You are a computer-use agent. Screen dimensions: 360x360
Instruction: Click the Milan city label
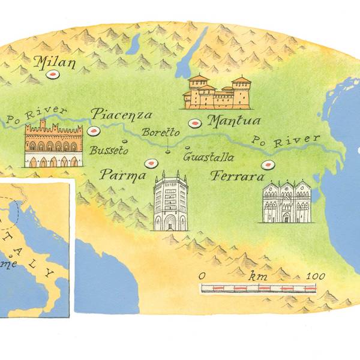click(55, 61)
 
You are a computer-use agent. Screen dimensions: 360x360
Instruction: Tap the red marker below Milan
click(53, 75)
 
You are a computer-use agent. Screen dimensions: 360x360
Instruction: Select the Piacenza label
click(121, 115)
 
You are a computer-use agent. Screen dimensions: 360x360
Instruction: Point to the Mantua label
click(233, 121)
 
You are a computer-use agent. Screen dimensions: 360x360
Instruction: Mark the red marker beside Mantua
click(194, 124)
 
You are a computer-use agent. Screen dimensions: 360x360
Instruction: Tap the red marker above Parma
click(151, 163)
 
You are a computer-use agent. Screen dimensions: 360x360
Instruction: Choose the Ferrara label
click(237, 178)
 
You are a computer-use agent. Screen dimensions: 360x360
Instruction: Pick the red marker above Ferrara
click(267, 165)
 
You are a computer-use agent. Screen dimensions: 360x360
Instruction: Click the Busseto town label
click(109, 151)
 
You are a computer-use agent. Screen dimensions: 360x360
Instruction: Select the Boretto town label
click(160, 133)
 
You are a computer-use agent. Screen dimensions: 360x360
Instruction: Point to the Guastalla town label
click(208, 157)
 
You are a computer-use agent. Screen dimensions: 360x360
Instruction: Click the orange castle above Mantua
click(217, 92)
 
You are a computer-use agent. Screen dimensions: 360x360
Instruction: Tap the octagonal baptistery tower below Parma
click(170, 202)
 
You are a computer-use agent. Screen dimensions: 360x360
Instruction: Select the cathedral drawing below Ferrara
click(286, 201)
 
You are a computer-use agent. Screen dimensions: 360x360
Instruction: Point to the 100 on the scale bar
click(315, 276)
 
